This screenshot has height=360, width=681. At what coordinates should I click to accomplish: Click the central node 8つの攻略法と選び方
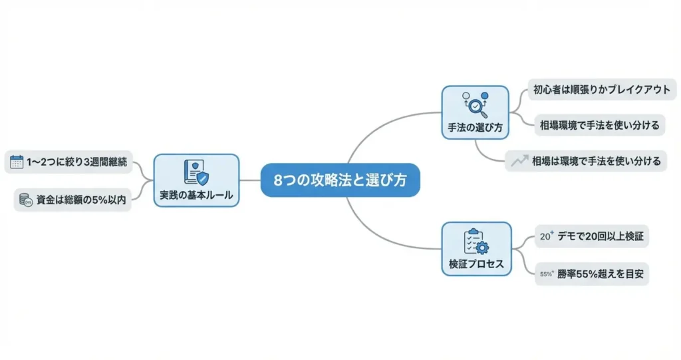coord(340,180)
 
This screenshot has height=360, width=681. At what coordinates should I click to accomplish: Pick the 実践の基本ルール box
coord(196,180)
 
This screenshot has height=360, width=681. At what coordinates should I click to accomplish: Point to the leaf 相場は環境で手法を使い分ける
coord(585,160)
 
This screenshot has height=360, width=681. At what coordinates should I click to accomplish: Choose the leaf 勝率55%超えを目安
coord(591,273)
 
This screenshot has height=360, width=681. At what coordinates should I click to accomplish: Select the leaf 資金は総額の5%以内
coord(73,199)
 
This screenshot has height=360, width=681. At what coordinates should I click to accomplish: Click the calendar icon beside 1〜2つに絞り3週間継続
coord(17,161)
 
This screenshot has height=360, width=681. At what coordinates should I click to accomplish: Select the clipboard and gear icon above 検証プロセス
coord(476,241)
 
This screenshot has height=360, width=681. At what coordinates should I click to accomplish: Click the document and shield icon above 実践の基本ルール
coord(196,172)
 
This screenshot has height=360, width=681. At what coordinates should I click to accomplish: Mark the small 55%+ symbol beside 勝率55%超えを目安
coord(547,273)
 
